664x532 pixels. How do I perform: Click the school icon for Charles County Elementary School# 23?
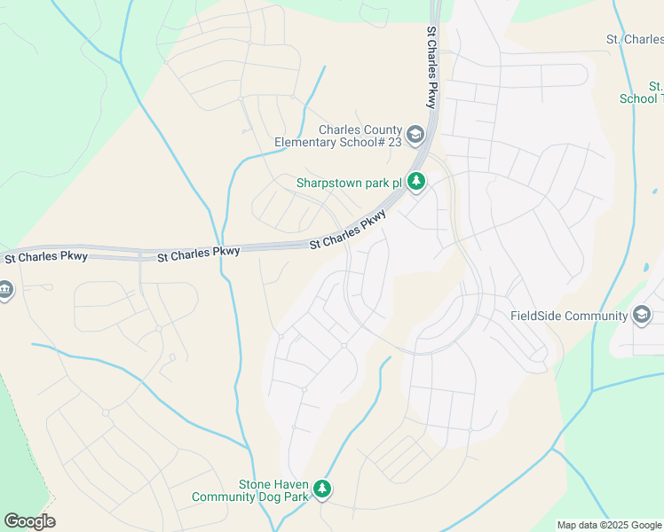pyautogui.click(x=416, y=135)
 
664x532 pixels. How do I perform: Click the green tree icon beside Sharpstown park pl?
pyautogui.click(x=416, y=183)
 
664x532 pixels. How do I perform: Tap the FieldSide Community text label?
pyautogui.click(x=569, y=316)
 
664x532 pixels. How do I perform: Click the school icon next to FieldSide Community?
pyautogui.click(x=642, y=315)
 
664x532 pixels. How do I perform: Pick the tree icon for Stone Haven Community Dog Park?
pyautogui.click(x=322, y=489)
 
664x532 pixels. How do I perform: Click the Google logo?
pyautogui.click(x=29, y=521)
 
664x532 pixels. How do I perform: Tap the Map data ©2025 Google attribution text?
pyautogui.click(x=608, y=525)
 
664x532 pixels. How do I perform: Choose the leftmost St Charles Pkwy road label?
pyautogui.click(x=46, y=257)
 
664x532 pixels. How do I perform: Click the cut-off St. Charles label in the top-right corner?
pyautogui.click(x=634, y=40)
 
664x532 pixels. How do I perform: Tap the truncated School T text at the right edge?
pyautogui.click(x=641, y=98)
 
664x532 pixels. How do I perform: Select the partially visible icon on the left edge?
pyautogui.click(x=4, y=291)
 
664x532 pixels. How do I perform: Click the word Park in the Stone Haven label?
pyautogui.click(x=296, y=497)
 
